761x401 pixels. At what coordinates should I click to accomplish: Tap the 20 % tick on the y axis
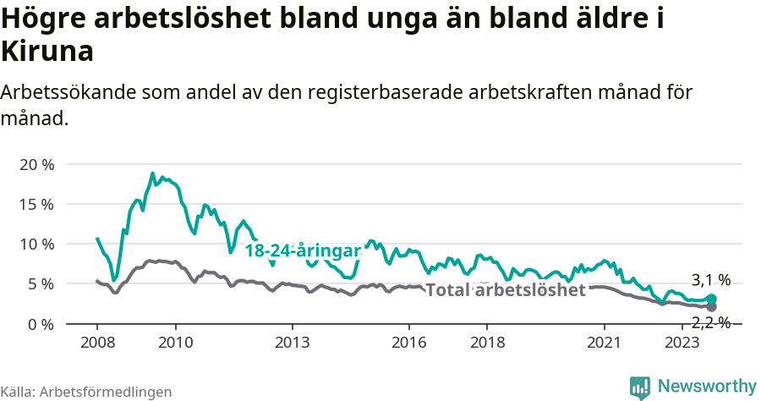(36, 164)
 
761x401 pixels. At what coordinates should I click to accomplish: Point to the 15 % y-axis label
(36, 204)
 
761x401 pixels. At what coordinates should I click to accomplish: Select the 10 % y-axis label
(36, 244)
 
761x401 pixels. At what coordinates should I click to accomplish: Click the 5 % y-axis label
(40, 284)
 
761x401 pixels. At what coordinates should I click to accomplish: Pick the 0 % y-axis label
(40, 324)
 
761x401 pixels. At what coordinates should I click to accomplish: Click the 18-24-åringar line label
(303, 251)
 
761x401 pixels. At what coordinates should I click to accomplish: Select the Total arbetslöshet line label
(505, 290)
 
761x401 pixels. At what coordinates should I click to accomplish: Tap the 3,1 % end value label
(710, 280)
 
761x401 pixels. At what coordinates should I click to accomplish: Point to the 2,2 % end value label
(710, 321)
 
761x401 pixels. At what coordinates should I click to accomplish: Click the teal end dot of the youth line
(711, 299)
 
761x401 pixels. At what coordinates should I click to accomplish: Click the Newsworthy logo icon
(640, 387)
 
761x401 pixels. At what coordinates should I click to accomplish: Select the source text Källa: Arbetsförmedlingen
(86, 392)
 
